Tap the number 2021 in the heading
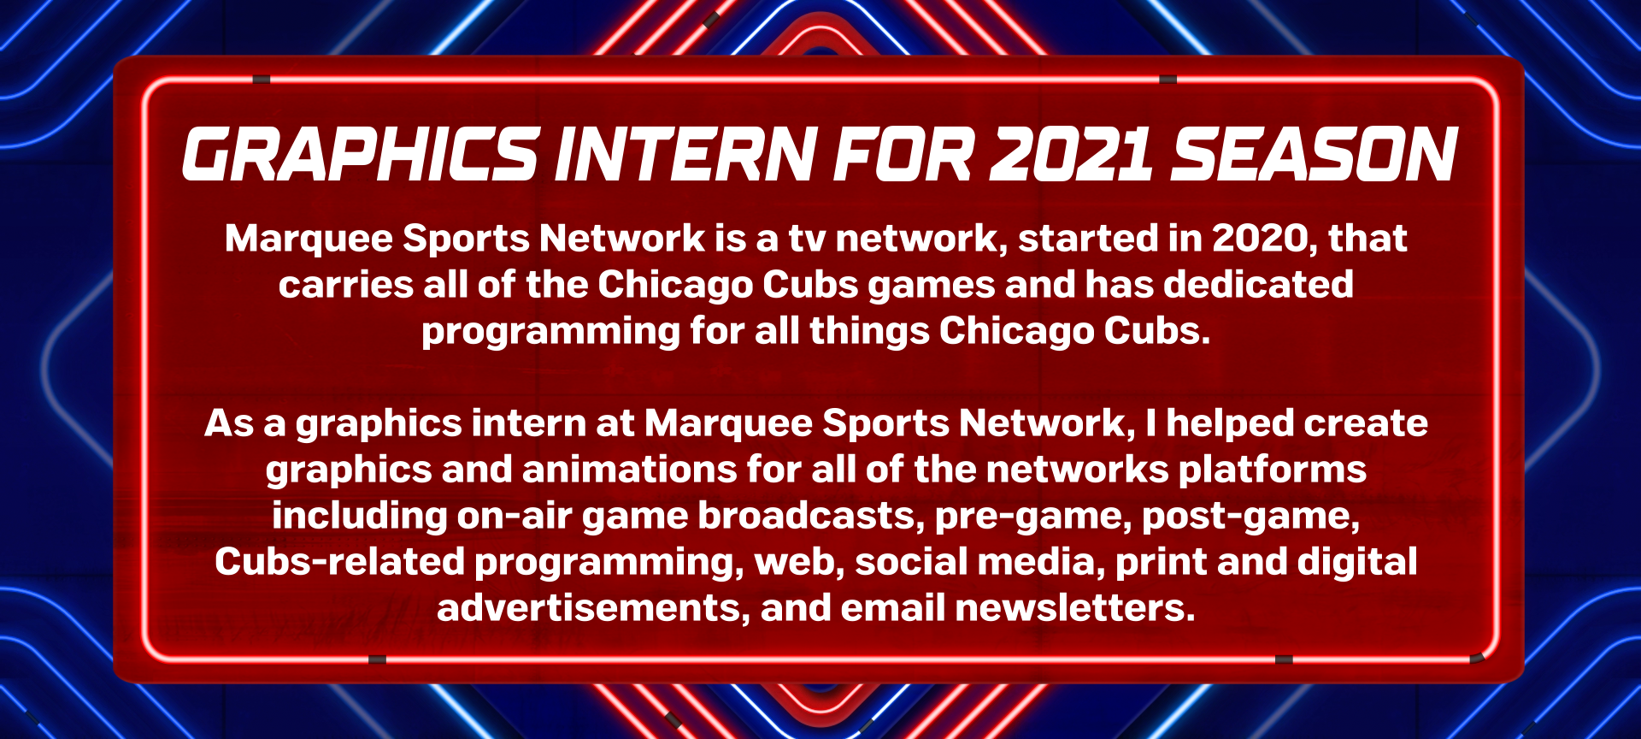click(1072, 155)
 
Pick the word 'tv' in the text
click(807, 239)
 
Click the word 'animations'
click(629, 470)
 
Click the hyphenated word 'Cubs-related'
click(339, 562)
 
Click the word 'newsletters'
click(1075, 608)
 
